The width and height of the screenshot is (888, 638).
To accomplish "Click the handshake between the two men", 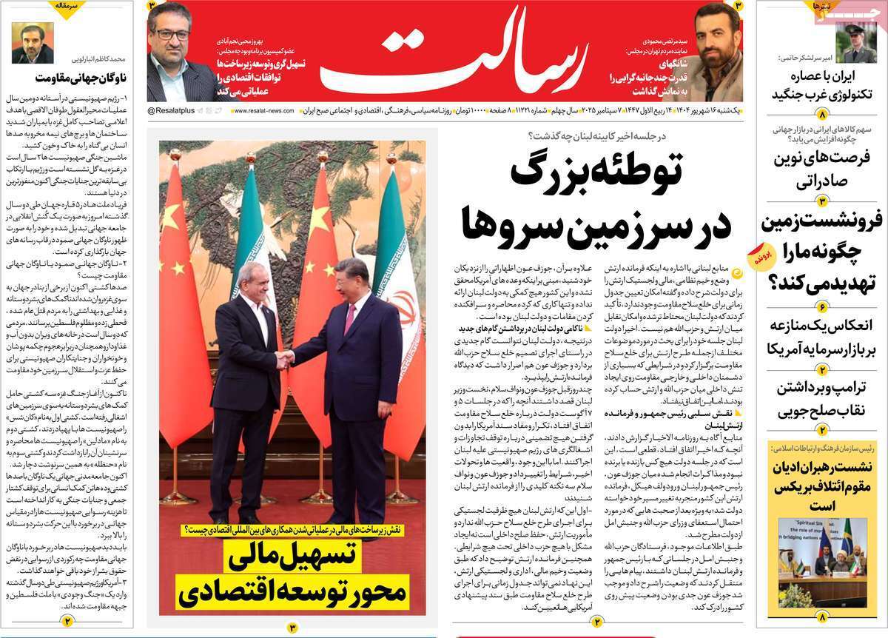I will [x=284, y=360].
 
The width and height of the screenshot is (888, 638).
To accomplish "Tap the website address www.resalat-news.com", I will [x=263, y=110].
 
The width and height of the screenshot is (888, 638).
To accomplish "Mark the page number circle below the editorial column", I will [x=67, y=622].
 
